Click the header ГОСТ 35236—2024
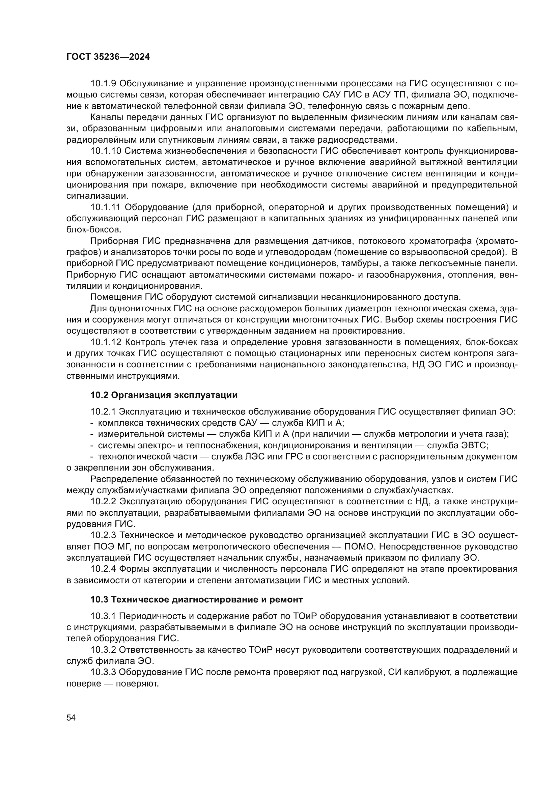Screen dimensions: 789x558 [x=108, y=57]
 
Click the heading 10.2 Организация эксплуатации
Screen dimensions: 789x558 [x=164, y=395]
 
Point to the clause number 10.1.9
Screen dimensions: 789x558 [x=104, y=84]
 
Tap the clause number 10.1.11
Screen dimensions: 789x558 [x=106, y=207]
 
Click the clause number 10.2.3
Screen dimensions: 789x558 [x=104, y=535]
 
